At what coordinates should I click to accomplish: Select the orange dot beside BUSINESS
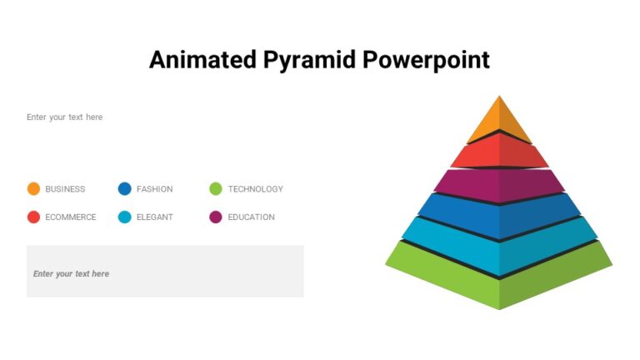[x=33, y=189]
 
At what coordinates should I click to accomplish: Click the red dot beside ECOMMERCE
[x=33, y=217]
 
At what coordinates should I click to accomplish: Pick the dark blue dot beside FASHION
[x=125, y=189]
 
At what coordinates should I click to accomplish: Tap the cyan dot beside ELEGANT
[x=125, y=217]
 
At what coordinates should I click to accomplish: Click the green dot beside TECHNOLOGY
[x=216, y=189]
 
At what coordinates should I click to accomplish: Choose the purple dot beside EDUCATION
[x=216, y=217]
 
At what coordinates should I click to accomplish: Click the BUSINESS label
[x=65, y=189]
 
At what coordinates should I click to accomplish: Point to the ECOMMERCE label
[x=71, y=217]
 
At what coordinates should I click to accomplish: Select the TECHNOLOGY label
[x=256, y=189]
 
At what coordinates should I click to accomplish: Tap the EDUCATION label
[x=251, y=217]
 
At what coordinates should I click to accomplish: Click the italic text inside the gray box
[x=71, y=274]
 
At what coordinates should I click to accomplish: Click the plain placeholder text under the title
[x=64, y=117]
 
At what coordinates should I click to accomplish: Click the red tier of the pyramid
[x=499, y=153]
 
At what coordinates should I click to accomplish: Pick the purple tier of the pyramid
[x=499, y=185]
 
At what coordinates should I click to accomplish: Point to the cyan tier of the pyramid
[x=499, y=243]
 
